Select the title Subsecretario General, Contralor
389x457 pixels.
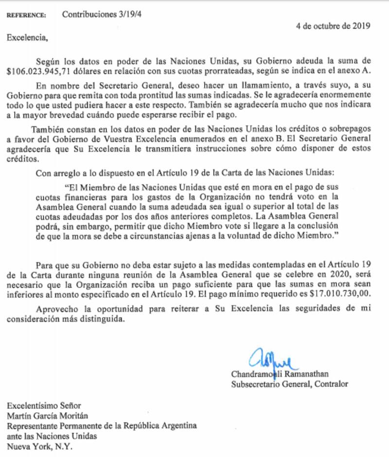point(290,384)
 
